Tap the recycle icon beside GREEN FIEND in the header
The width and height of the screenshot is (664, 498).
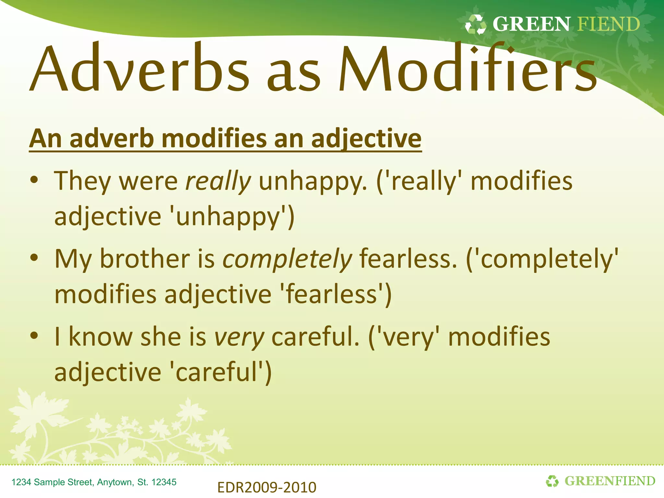tap(475, 25)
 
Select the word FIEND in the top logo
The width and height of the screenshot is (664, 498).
tap(609, 24)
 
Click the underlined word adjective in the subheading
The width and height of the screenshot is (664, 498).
tap(366, 139)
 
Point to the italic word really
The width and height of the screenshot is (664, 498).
tap(218, 181)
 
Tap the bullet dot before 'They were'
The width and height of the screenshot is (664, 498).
tap(34, 180)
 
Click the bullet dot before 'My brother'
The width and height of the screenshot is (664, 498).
tap(34, 258)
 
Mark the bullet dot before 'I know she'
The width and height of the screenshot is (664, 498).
tap(34, 336)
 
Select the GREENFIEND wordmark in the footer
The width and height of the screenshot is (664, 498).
tap(610, 481)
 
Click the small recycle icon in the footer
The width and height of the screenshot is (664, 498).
tap(552, 481)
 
